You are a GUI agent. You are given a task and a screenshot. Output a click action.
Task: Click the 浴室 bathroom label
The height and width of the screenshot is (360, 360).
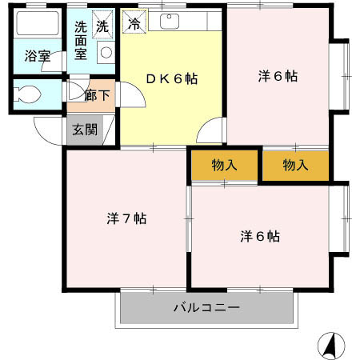click(36, 56)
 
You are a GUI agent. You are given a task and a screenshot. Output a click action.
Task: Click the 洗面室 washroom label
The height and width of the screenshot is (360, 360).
click(82, 40)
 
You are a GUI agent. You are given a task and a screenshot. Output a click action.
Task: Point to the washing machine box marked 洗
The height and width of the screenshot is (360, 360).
click(102, 25)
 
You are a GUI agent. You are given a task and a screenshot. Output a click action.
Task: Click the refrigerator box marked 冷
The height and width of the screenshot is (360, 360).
click(134, 23)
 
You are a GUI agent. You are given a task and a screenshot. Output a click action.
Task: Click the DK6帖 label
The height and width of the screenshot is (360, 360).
click(170, 78)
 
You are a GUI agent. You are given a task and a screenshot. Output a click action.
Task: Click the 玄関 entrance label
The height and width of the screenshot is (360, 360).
click(84, 128)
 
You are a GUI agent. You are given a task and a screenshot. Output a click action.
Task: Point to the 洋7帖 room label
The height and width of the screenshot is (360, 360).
click(126, 218)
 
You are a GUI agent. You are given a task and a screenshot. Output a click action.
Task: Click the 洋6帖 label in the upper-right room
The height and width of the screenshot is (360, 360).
click(278, 77)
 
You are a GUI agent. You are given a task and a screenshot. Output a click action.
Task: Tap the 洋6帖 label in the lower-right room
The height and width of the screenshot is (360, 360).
click(260, 236)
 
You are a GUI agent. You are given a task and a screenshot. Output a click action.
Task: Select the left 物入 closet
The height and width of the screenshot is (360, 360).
click(225, 166)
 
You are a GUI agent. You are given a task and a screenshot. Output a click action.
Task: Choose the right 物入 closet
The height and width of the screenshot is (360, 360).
click(295, 166)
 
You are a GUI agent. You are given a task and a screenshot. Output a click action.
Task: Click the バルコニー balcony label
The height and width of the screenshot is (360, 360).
click(206, 307)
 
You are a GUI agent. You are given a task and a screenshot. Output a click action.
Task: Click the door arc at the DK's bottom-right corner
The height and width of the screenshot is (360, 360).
click(210, 130)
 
